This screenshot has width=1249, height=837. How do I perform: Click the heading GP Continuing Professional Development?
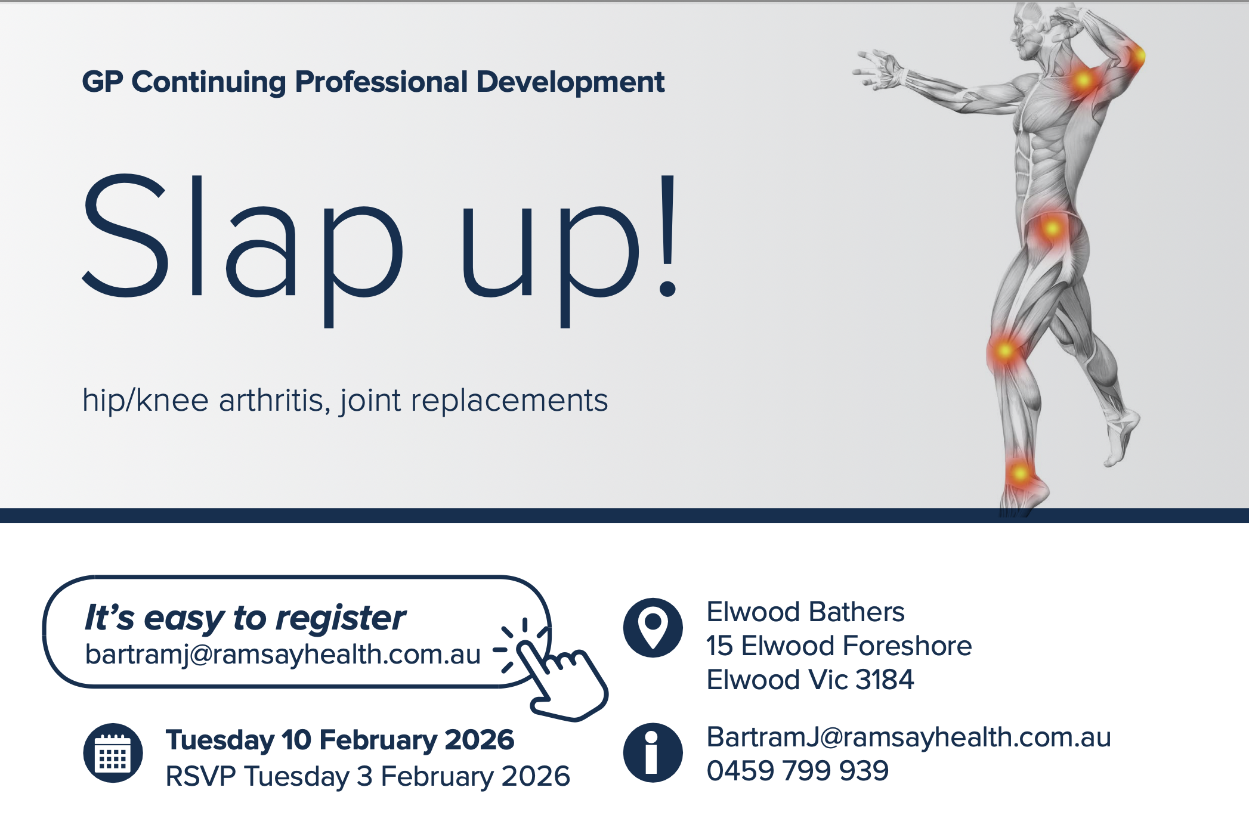pos(373,82)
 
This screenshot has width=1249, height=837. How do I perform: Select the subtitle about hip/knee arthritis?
pos(345,400)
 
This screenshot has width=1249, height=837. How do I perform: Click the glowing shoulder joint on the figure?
pos(1083,80)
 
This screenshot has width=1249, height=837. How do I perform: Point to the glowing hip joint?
pos(1052,228)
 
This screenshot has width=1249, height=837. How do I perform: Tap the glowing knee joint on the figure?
pos(1005,351)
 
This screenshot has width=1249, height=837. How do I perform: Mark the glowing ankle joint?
pos(1020,474)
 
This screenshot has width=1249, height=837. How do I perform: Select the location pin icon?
pos(653,627)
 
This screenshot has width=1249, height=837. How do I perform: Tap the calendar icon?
pos(113,753)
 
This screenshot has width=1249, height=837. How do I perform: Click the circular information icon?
pos(653,752)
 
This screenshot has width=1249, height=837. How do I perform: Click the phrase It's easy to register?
pos(245,618)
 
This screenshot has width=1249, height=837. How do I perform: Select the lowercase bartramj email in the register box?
pos(283,655)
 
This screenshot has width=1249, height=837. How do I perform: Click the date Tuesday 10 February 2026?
pos(339,740)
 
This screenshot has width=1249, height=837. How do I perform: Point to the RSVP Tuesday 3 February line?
pos(367,776)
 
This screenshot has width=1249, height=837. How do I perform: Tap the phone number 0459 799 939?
pos(797,771)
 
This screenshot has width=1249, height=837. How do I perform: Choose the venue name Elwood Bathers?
pos(805,612)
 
